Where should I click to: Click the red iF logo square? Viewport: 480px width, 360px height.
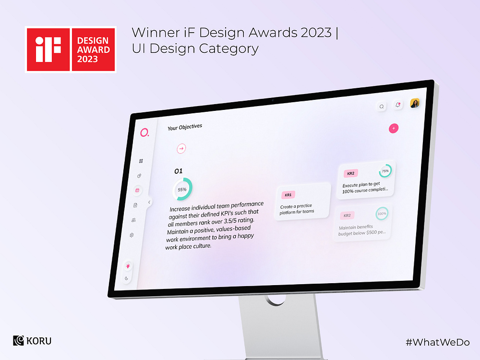tap(48, 49)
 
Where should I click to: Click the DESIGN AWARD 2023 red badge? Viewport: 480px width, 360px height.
tap(93, 49)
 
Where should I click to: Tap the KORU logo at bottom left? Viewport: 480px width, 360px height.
tap(32, 341)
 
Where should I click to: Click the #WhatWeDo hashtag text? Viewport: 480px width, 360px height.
tap(437, 342)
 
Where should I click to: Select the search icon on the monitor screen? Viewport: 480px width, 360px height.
tap(382, 107)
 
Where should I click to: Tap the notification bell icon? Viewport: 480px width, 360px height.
tap(398, 105)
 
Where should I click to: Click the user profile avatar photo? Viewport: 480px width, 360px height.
tap(415, 103)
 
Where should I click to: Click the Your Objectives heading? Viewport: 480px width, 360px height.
tap(185, 127)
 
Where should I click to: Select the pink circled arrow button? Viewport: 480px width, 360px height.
tap(181, 149)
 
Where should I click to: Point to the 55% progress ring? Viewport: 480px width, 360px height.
tap(182, 189)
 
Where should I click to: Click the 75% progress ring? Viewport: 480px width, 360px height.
tap(385, 170)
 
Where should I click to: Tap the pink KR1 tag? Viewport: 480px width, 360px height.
tap(288, 195)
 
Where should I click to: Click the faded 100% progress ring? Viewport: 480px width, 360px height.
tap(382, 214)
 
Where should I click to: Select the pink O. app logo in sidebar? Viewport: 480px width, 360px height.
tap(144, 133)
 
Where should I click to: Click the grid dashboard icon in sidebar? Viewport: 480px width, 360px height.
tap(141, 161)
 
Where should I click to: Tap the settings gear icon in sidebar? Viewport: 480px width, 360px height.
tap(132, 235)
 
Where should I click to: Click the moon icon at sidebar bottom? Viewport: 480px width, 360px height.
tap(127, 278)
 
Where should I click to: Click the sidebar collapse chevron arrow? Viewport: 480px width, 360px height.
tap(149, 203)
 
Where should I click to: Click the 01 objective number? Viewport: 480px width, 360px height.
tap(179, 171)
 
